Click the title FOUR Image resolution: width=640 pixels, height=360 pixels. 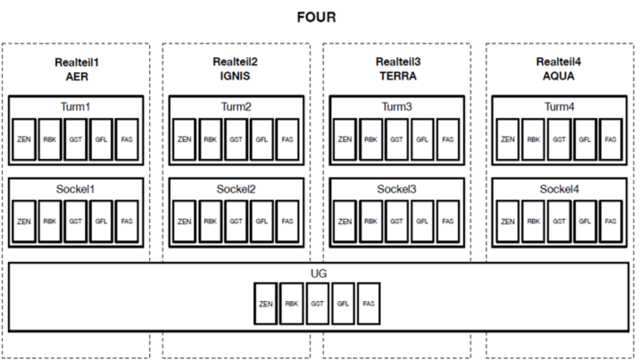coord(316,17)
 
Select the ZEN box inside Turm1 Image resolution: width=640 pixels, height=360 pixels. coord(24,139)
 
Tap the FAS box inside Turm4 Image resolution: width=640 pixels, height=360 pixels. coord(611,139)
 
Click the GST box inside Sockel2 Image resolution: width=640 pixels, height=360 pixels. coord(236,221)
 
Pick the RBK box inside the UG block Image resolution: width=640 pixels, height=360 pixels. coord(292,304)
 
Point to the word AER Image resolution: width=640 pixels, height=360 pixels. coord(77,77)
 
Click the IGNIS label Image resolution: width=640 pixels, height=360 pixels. coord(235,76)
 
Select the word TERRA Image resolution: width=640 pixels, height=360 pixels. coord(398,76)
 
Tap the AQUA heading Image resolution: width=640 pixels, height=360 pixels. coord(559,76)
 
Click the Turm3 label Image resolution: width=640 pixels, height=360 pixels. coord(396,106)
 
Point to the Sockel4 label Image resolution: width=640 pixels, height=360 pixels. coord(559,189)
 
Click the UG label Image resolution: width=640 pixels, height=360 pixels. coord(319,273)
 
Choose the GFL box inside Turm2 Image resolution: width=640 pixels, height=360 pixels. coord(262,139)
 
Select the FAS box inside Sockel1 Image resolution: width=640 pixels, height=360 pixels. coord(127,221)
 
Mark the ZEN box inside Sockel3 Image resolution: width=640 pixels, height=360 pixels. coord(345,221)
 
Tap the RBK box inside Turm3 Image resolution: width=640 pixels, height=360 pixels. coord(370,139)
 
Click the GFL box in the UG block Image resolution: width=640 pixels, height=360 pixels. coord(343,304)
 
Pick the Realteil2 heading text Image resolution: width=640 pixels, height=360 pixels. coord(235,62)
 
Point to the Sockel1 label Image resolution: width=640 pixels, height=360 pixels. coord(76,189)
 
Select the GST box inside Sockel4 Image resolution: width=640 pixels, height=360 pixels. coord(559,221)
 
